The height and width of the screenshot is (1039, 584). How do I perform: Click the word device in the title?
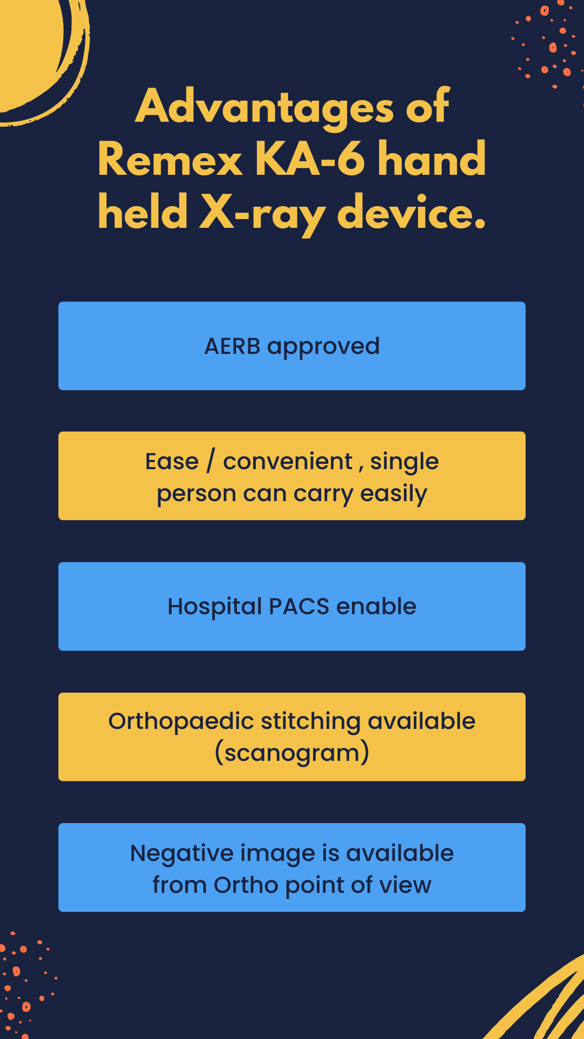[412, 212]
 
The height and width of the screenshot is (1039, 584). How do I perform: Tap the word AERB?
[233, 346]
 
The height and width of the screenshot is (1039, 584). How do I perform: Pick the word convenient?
[288, 462]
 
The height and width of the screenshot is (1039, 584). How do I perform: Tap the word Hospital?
[215, 607]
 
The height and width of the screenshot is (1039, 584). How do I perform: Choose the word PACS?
[299, 607]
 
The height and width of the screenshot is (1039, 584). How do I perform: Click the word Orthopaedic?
[181, 722]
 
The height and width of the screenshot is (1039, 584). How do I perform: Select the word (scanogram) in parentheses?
[292, 753]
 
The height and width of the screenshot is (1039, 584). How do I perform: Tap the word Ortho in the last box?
[246, 885]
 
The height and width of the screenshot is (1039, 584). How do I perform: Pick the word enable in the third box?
[376, 607]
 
